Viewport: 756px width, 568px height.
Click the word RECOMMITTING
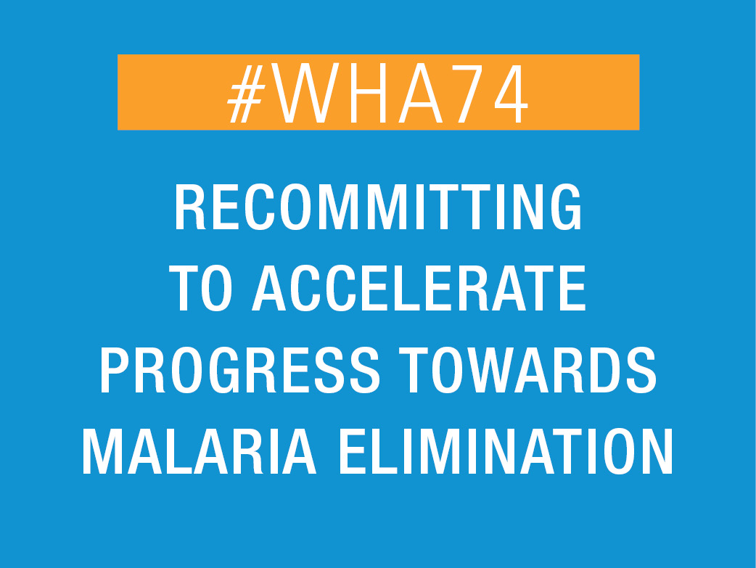click(378, 207)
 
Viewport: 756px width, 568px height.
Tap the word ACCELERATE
click(419, 288)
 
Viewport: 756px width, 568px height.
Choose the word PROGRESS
click(239, 369)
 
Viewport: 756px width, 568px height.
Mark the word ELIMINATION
click(506, 451)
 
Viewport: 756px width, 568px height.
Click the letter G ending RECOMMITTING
click(567, 207)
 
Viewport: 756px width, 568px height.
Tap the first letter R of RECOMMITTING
click(190, 207)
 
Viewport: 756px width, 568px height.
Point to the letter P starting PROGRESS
click(114, 369)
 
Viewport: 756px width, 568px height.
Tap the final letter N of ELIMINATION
click(657, 451)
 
